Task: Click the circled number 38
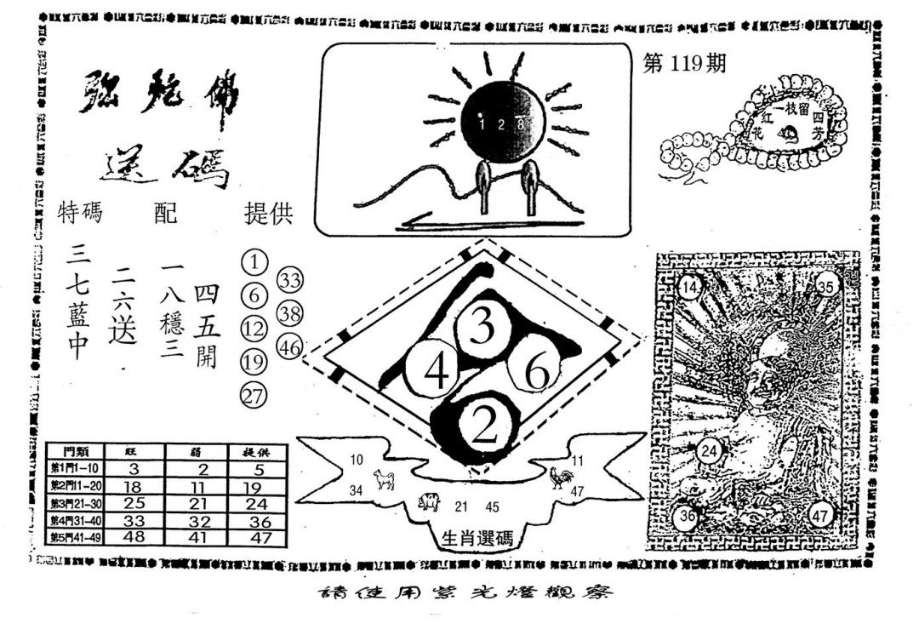290,313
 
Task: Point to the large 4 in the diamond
436,373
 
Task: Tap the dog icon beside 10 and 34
384,481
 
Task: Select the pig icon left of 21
429,505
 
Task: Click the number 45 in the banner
492,506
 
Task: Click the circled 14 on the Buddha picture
691,289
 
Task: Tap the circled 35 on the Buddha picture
825,287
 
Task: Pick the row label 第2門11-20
76,486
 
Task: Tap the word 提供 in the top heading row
268,214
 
